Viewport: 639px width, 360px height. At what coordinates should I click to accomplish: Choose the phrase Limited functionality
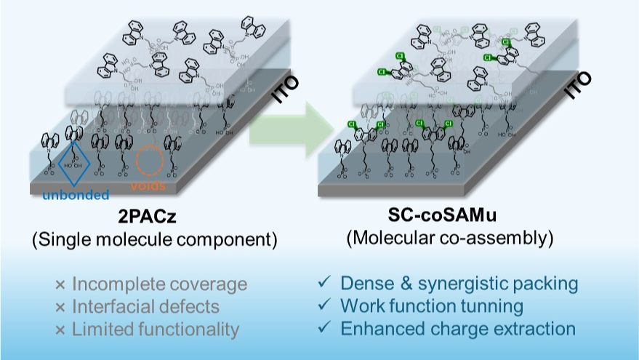(x=156, y=329)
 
